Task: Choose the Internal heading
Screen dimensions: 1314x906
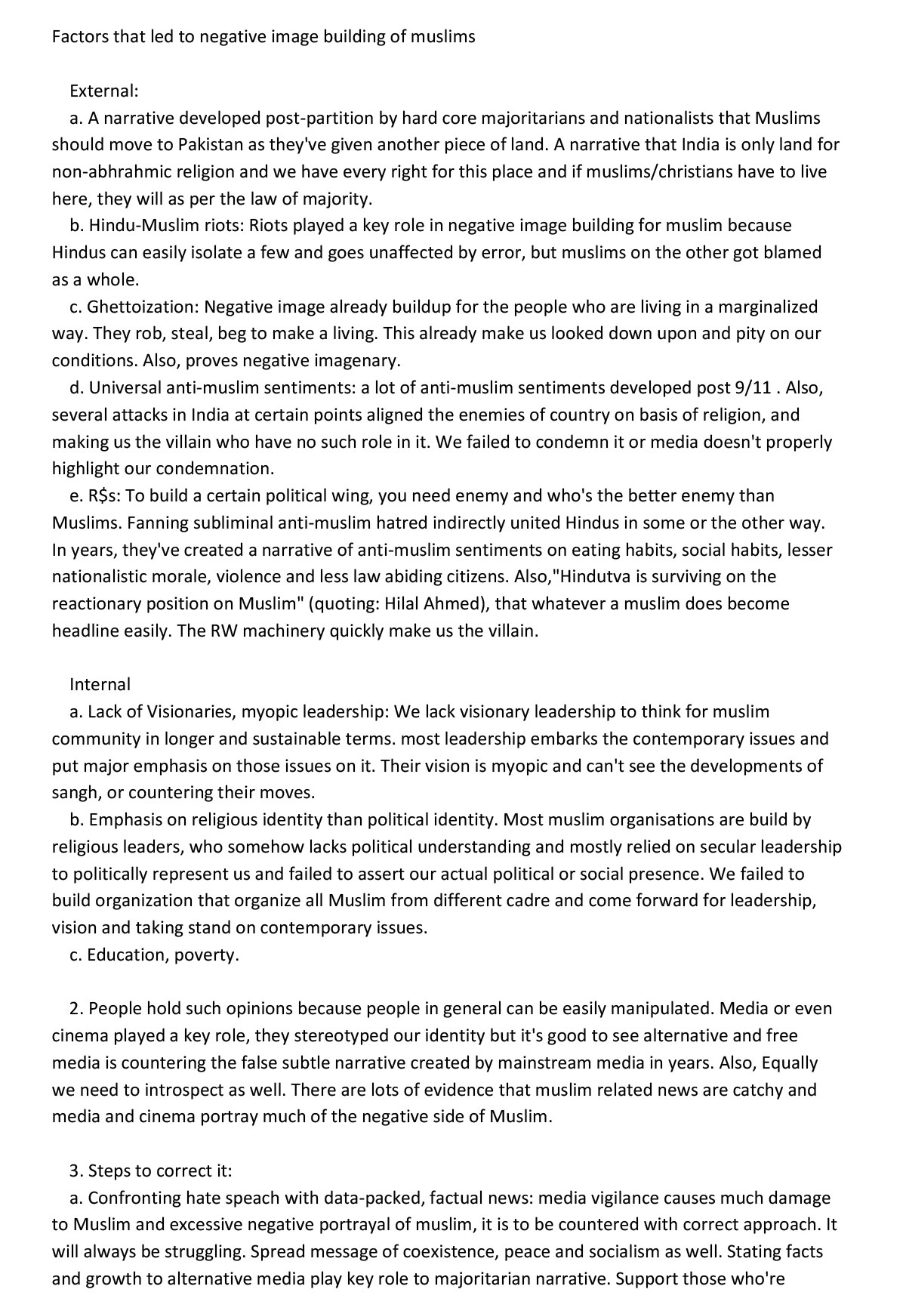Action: click(x=100, y=684)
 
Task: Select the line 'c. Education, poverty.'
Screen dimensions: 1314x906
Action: click(x=154, y=955)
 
